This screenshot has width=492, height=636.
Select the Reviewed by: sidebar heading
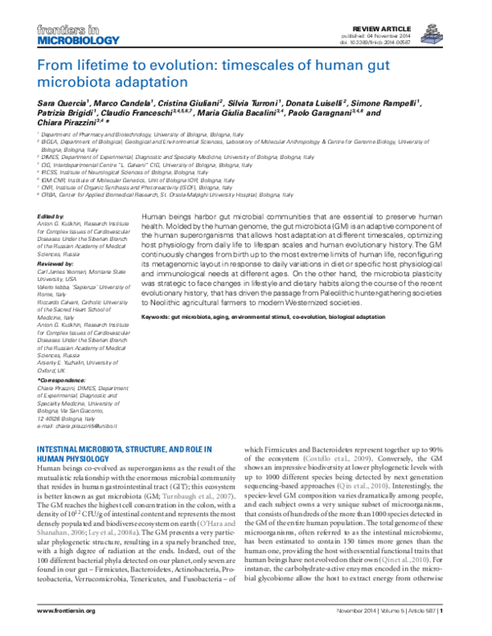[59, 266]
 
